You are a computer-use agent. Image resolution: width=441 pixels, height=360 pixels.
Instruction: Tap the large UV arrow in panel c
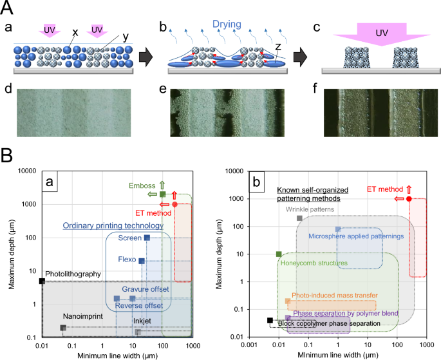click(381, 33)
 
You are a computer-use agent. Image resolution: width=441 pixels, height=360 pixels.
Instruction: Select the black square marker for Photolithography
click(42, 281)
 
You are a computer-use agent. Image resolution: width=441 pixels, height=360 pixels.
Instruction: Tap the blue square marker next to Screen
click(147, 238)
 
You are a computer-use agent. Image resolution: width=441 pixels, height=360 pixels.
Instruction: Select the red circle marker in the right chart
click(409, 199)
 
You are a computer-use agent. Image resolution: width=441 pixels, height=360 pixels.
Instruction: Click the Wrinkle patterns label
click(310, 209)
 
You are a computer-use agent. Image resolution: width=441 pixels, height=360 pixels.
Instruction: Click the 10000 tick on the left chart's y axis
click(26, 171)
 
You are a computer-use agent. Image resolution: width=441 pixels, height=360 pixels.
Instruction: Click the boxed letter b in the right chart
click(258, 182)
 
